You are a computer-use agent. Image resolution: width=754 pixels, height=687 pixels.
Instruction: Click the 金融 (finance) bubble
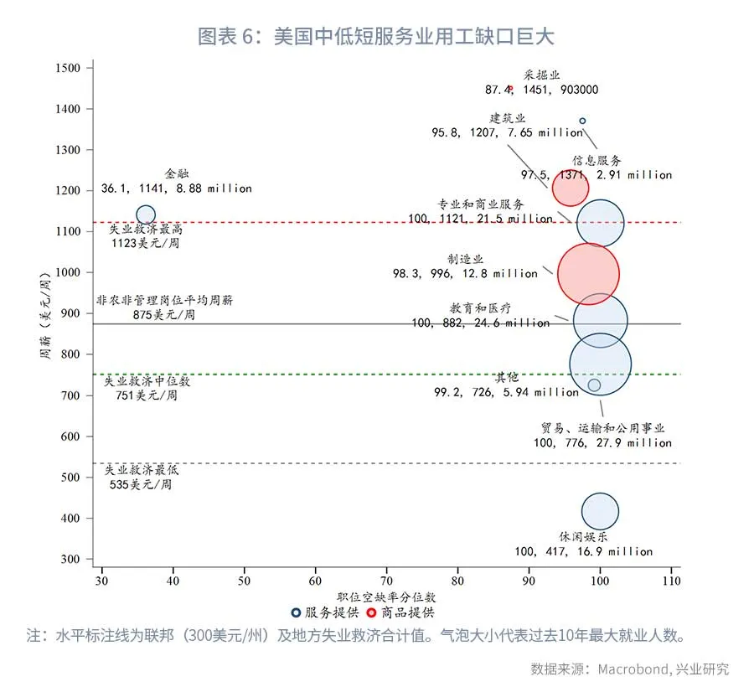click(x=146, y=215)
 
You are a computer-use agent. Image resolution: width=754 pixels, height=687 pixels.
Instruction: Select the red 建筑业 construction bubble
click(x=571, y=189)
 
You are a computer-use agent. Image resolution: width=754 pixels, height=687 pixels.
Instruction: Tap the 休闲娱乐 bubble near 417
click(x=600, y=511)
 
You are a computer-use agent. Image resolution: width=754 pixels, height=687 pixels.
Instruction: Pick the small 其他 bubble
click(x=594, y=385)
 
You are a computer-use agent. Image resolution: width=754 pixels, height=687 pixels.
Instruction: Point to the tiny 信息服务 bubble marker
click(x=583, y=121)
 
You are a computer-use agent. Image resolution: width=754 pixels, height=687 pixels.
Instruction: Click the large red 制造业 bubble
click(x=588, y=273)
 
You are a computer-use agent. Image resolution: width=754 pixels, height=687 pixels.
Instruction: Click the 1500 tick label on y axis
click(x=68, y=68)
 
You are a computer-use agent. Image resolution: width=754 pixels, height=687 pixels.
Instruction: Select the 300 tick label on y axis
click(x=70, y=559)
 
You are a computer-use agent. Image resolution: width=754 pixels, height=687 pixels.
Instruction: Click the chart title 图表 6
click(x=376, y=37)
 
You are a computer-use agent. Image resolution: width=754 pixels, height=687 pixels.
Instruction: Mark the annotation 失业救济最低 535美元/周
click(x=141, y=478)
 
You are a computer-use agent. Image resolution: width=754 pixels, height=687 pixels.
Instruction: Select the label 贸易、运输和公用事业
click(x=602, y=428)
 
